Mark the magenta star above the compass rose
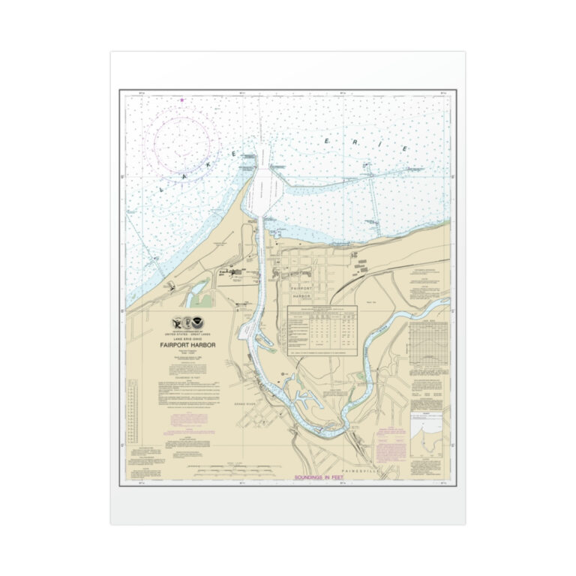click(x=181, y=100)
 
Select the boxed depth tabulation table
click(x=323, y=330)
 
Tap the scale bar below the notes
click(x=229, y=472)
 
